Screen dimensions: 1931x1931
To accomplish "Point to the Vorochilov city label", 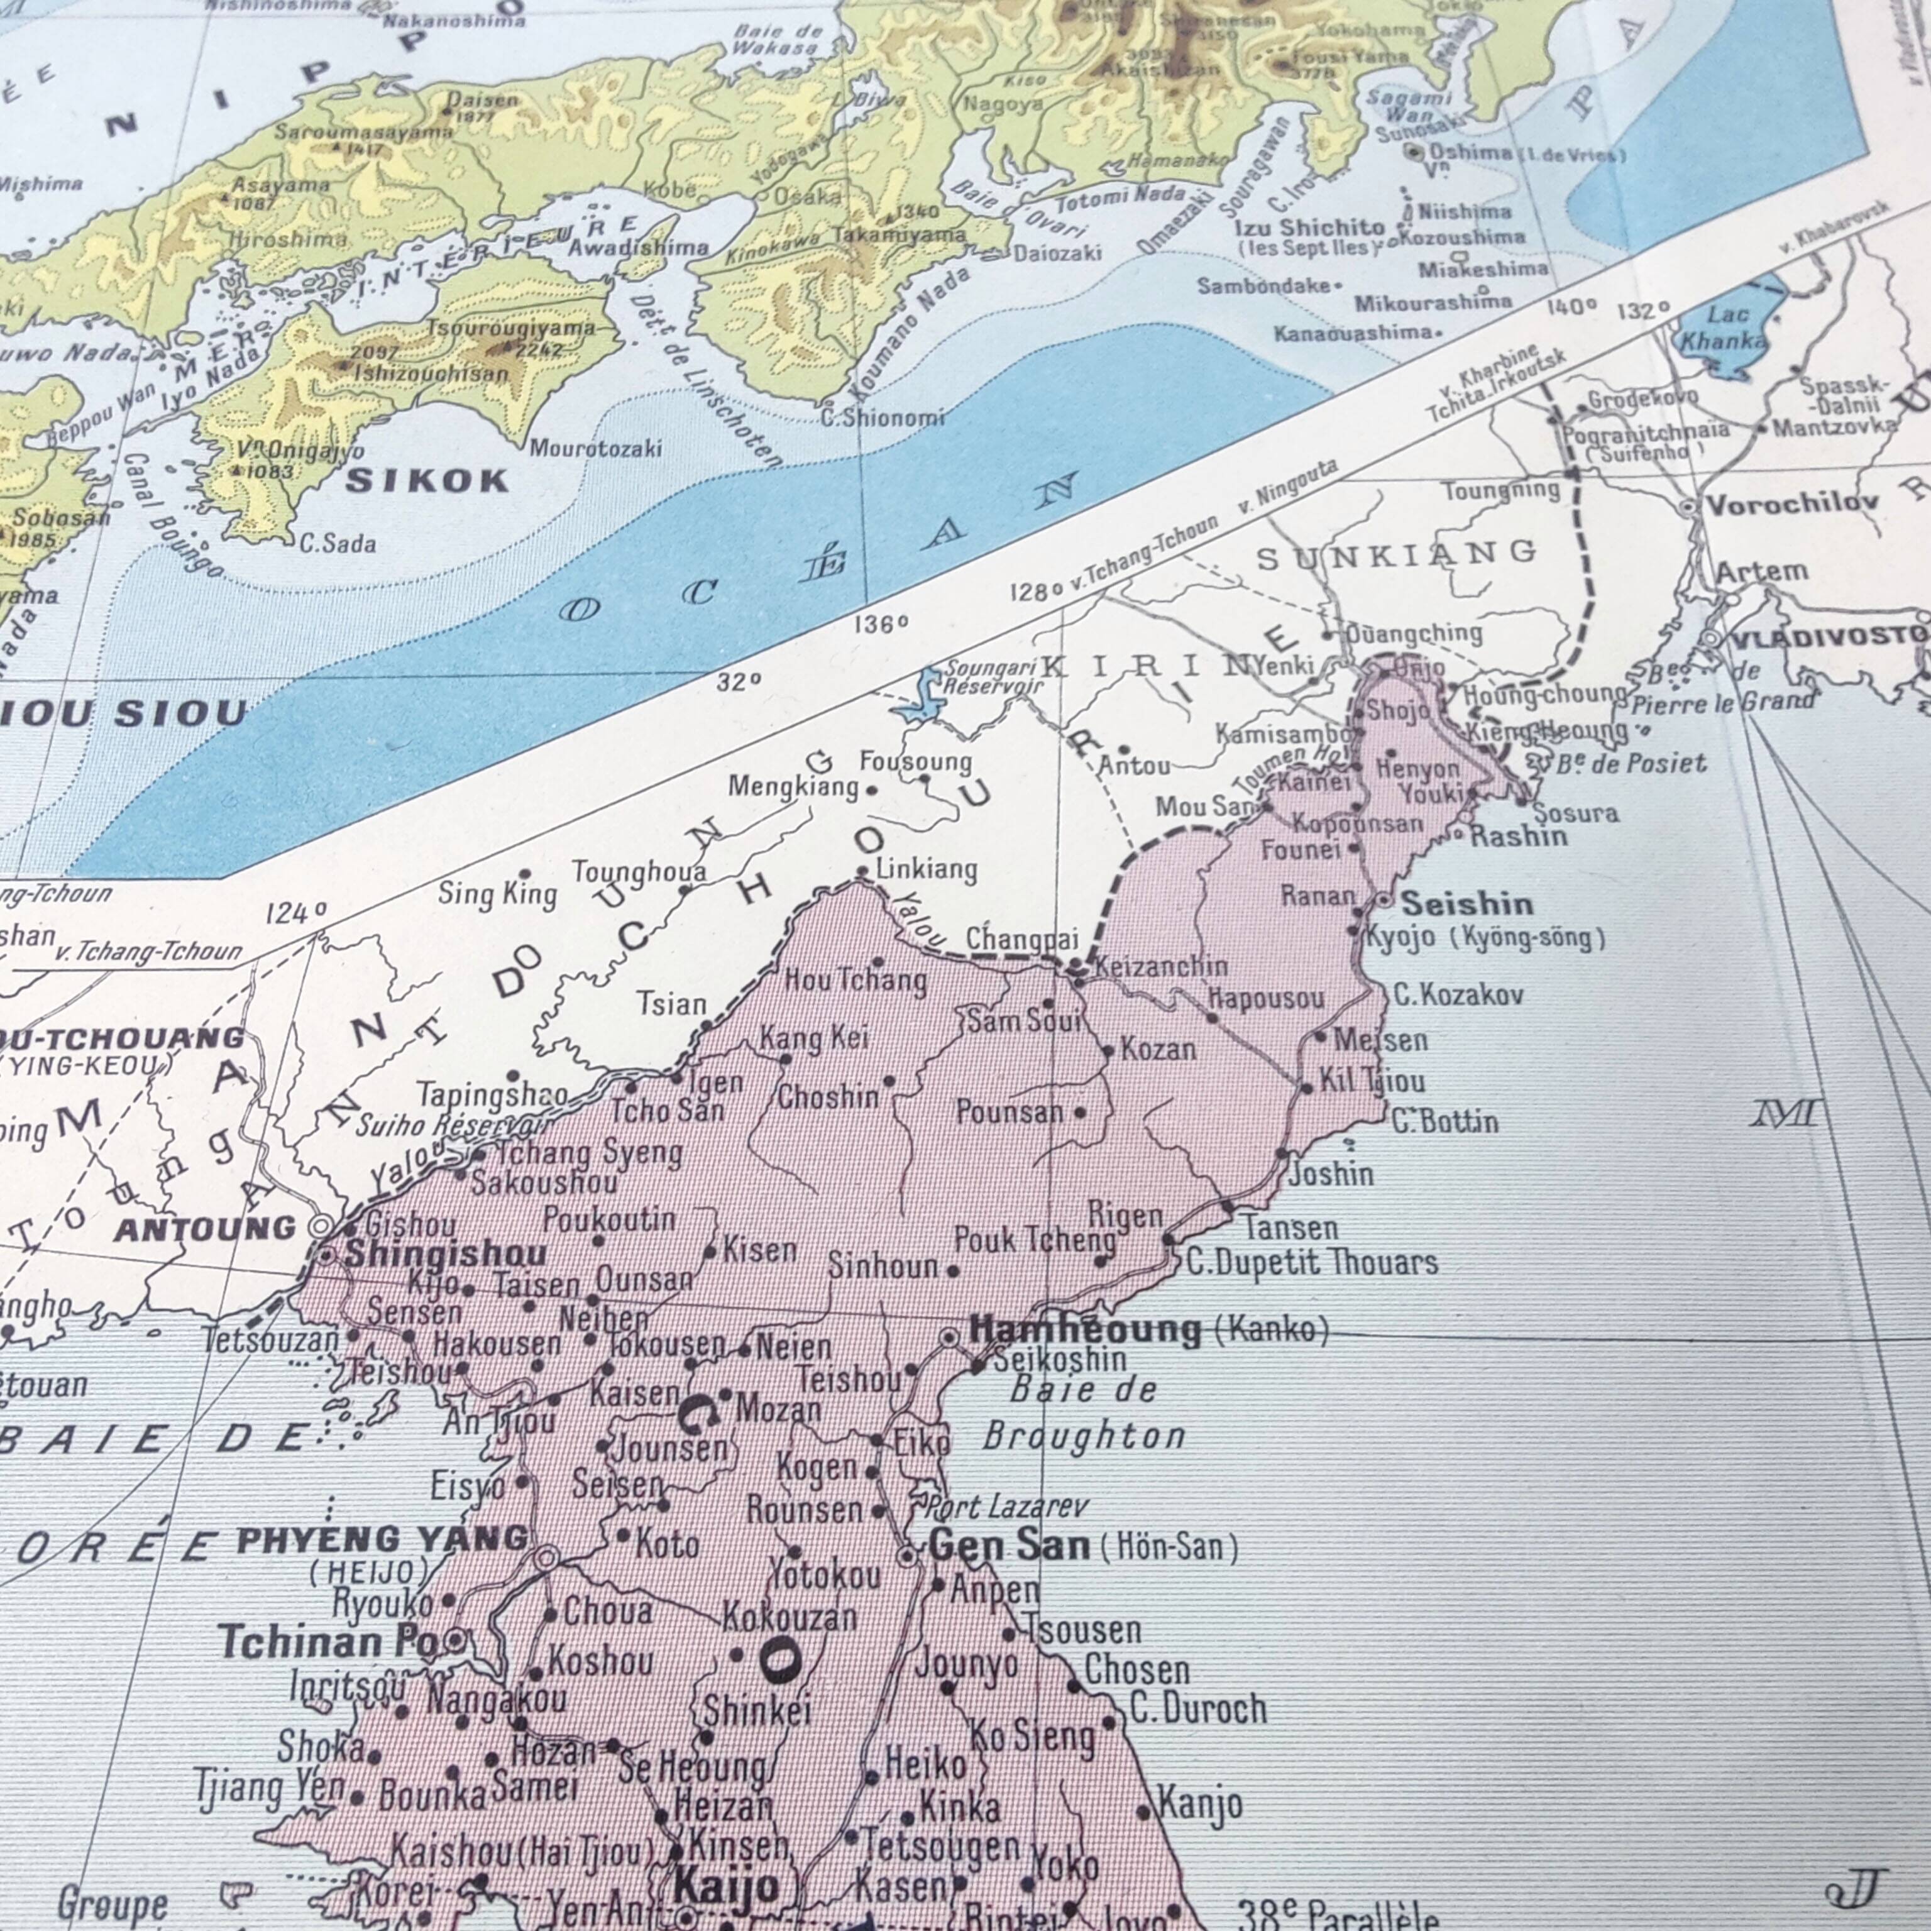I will (1791, 503).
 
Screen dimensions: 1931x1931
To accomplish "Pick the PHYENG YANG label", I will (382, 1540).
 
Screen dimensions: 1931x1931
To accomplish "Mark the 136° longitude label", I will (881, 625).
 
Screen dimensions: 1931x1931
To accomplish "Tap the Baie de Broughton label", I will (1084, 1413).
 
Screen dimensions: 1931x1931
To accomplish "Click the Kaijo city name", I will (725, 1888).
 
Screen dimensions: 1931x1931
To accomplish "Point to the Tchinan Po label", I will (328, 1641).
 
